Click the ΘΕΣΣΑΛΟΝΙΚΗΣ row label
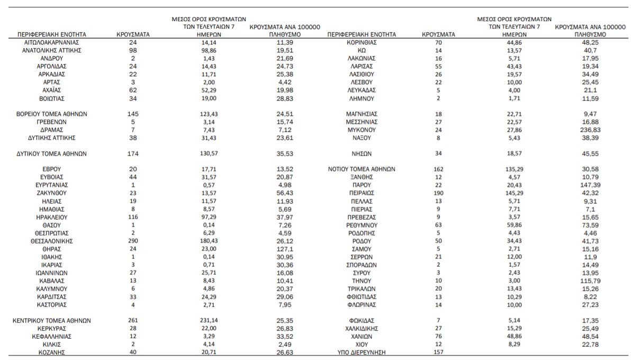(51, 241)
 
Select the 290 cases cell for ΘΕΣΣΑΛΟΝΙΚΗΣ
(133, 241)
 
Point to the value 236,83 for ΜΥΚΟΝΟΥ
(590, 130)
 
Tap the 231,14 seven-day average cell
(209, 320)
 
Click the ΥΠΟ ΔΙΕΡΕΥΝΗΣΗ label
(362, 353)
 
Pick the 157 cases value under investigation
(438, 353)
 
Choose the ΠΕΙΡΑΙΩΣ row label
(362, 193)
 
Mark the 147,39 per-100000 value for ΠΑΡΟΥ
(590, 185)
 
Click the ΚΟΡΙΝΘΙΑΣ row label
(362, 42)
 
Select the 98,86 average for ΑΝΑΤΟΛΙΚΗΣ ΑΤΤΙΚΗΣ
(209, 50)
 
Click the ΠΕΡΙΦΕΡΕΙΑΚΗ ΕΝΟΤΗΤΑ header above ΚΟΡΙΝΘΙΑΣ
(362, 34)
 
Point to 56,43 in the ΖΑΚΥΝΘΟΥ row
(284, 193)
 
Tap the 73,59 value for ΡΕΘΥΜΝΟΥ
(590, 225)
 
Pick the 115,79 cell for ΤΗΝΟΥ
(590, 281)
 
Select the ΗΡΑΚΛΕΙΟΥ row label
(51, 217)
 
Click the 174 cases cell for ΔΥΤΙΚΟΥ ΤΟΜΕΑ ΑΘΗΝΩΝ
(133, 154)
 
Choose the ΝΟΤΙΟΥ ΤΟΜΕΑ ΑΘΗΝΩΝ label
(362, 169)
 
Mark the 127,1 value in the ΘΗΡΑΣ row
(284, 249)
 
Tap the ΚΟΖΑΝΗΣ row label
(51, 353)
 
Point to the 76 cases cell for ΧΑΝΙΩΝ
(438, 336)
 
